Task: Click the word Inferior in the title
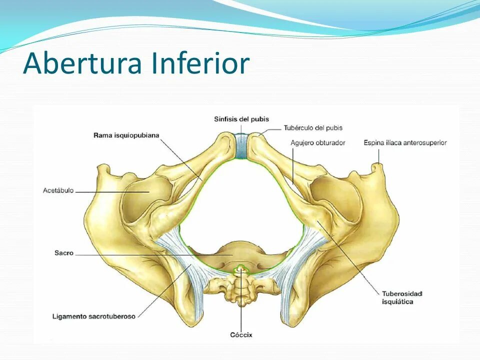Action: coord(200,64)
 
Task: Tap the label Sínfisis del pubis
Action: coord(241,119)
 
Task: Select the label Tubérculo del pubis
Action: coord(313,128)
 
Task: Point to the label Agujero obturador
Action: coord(318,143)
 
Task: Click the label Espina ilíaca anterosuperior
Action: coord(405,143)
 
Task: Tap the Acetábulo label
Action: coord(58,190)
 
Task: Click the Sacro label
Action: coord(64,253)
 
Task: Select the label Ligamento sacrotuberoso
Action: coord(94,316)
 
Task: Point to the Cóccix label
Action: coord(241,334)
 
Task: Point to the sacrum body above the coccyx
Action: coord(235,252)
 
